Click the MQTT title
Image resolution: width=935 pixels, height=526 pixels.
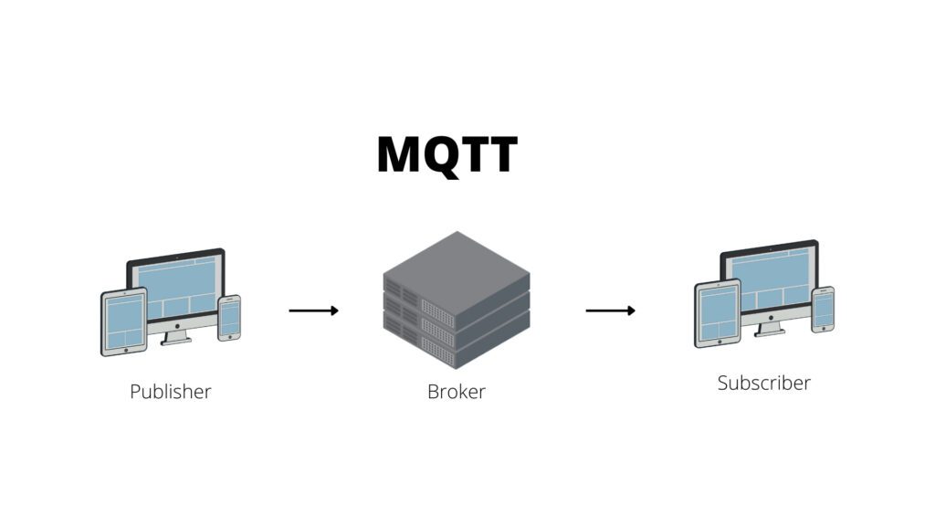point(446,154)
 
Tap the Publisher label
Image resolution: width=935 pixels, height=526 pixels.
point(170,392)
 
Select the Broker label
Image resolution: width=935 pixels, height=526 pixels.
point(456,392)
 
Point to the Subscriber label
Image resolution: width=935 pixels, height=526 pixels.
point(763,383)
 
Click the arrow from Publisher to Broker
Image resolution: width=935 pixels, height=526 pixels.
point(313,310)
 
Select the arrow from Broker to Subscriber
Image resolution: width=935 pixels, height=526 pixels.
point(610,310)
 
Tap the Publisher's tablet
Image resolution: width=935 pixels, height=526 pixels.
point(123,321)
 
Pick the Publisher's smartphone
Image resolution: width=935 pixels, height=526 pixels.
point(229,318)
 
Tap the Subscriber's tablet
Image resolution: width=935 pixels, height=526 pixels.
point(717,313)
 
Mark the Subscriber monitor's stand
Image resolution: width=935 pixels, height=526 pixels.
point(770,329)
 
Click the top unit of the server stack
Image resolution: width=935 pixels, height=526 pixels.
point(456,265)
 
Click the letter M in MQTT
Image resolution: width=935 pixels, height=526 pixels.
point(399,154)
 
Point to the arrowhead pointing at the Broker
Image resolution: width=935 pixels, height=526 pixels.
point(334,310)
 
